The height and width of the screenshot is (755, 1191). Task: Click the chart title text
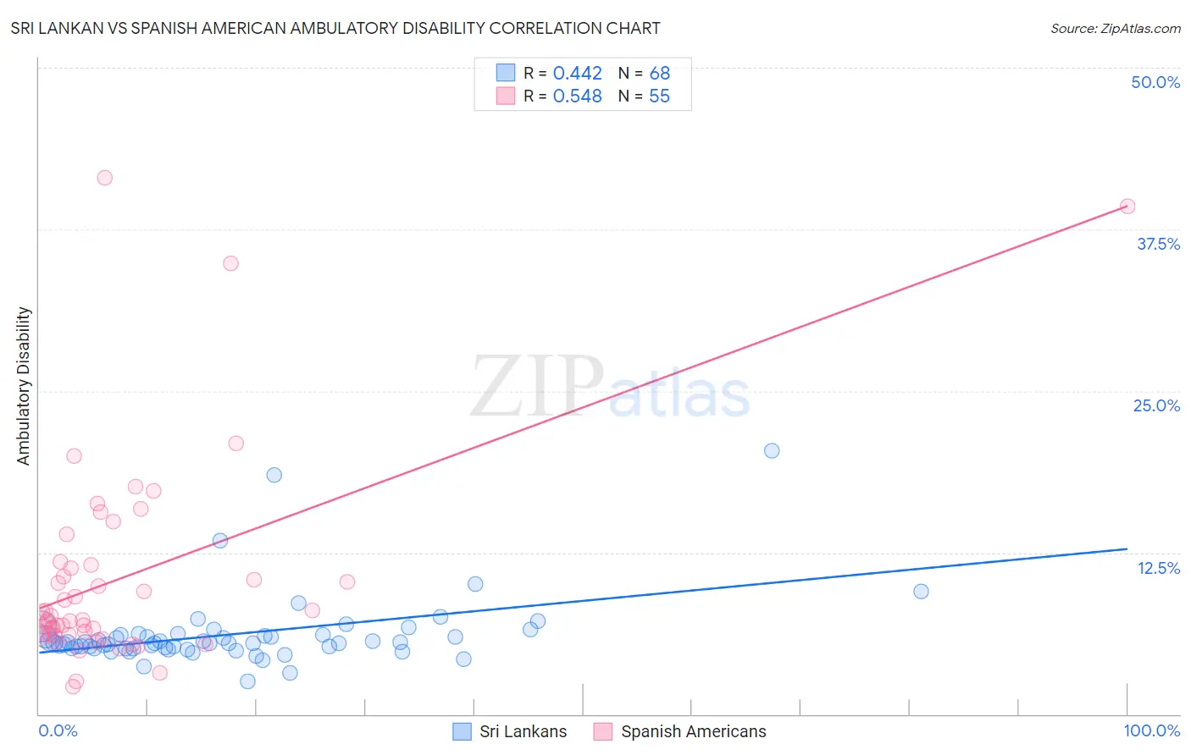pos(335,28)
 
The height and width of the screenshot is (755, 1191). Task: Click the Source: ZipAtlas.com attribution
pos(1115,28)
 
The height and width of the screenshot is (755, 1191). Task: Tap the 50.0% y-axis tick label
pos(1155,82)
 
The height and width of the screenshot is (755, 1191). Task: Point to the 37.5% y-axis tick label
pos(1157,244)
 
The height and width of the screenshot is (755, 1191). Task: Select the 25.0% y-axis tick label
pos(1155,405)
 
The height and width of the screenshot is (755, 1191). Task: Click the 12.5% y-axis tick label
pos(1157,568)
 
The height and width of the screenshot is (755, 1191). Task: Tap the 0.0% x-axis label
pos(58,730)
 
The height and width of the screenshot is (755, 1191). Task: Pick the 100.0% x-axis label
pos(1151,730)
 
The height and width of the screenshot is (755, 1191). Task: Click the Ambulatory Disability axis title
pos(24,385)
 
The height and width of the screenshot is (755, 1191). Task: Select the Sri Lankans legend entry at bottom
pos(509,731)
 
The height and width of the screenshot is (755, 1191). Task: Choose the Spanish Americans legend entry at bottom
pos(680,731)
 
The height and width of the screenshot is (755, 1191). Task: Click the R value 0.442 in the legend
pos(577,74)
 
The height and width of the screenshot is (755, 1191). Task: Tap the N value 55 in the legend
pos(659,96)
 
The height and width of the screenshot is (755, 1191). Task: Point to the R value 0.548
pos(577,96)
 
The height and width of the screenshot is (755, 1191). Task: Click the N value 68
pos(659,74)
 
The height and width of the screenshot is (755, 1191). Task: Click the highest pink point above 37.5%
pos(104,178)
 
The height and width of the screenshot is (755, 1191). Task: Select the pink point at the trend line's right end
pos(1127,206)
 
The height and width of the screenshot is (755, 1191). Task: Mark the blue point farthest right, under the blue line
pos(921,591)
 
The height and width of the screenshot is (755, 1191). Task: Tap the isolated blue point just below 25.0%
pos(771,450)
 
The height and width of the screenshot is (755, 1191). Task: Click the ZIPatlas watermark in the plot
pos(610,388)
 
